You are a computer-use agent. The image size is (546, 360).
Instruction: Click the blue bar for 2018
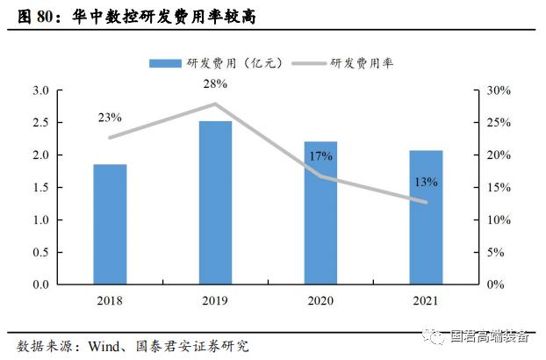pos(111,224)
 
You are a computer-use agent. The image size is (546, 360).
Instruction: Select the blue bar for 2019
pos(215,202)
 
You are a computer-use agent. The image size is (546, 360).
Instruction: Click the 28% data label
pos(215,83)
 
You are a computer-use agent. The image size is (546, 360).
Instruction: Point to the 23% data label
pos(110,118)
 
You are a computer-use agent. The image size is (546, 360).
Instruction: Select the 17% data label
pos(320,156)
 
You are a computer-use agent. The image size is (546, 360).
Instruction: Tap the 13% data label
pos(426,183)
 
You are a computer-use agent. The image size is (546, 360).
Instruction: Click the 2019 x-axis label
pos(215,300)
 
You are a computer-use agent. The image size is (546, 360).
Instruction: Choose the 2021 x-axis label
pos(426,300)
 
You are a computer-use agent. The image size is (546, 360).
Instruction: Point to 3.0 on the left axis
pos(40,90)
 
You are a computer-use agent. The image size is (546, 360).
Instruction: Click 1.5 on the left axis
pos(40,188)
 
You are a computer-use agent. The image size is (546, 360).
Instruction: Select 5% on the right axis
pos(495,253)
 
